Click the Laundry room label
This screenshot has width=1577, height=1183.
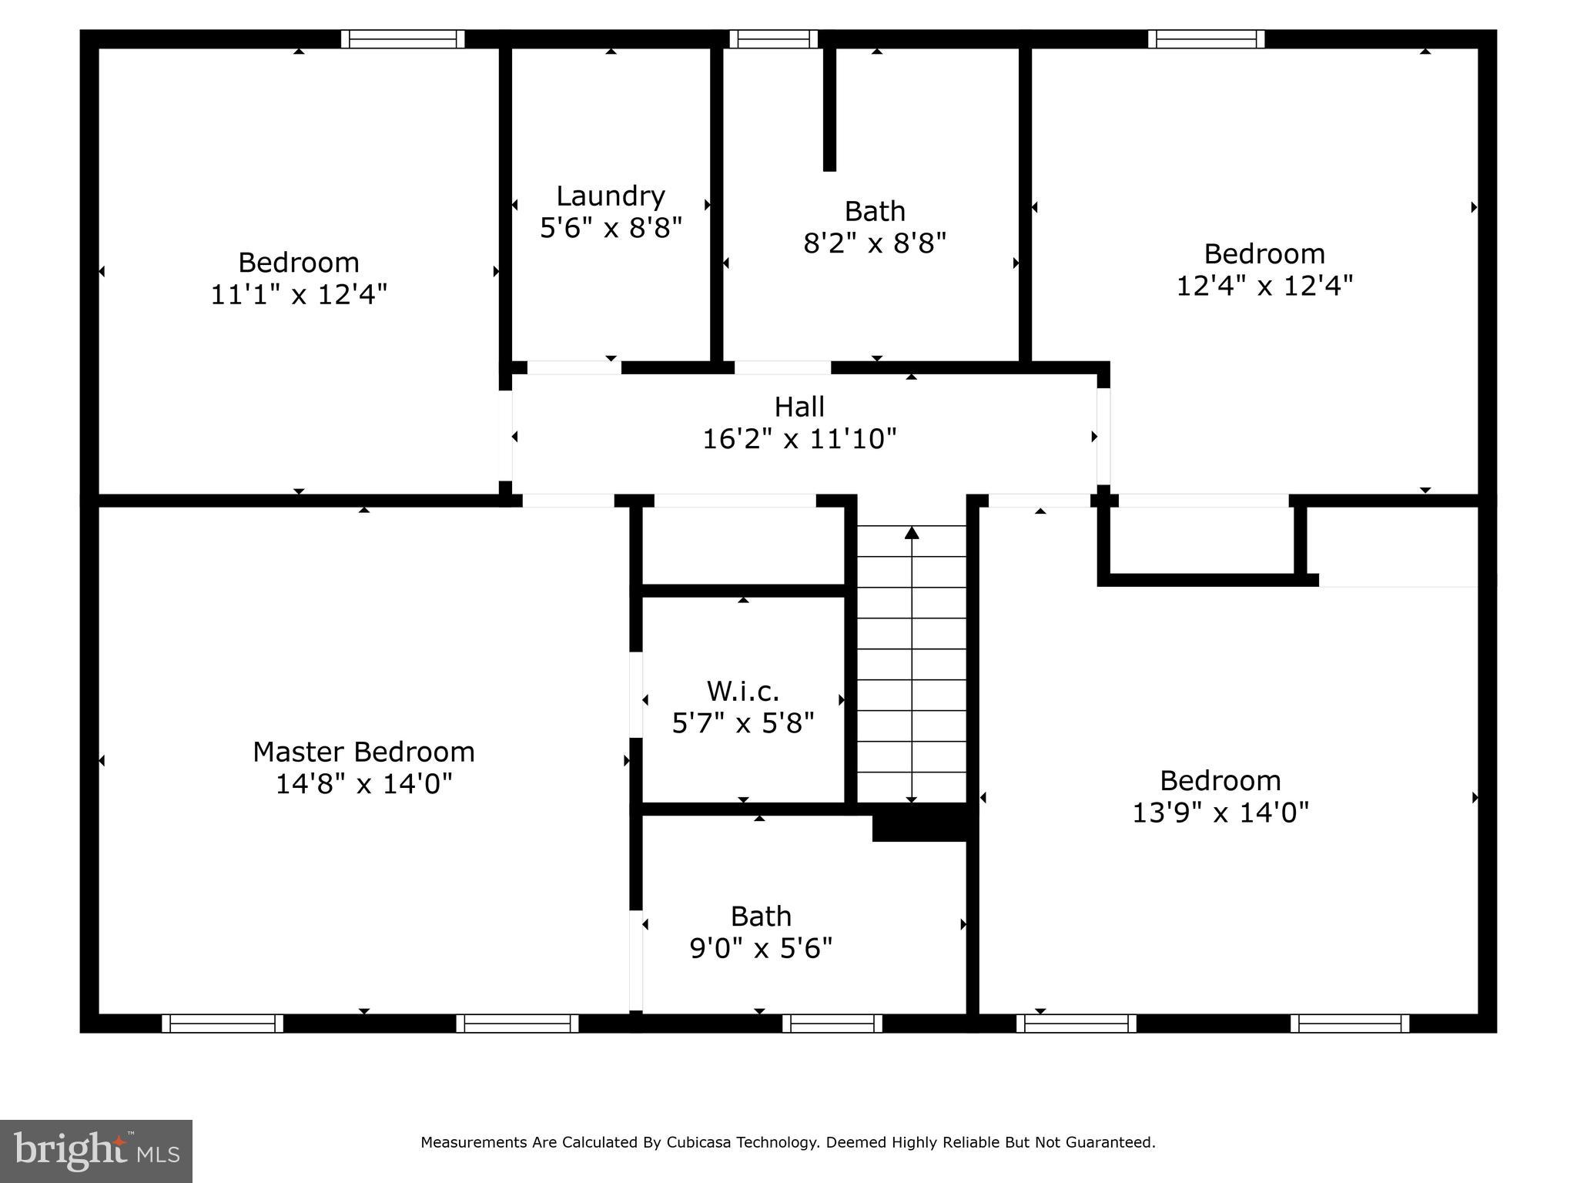tap(610, 196)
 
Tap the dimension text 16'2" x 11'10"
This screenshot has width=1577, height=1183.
tap(799, 439)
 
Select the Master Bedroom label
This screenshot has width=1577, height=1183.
tap(363, 752)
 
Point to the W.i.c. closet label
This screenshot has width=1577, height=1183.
tap(742, 691)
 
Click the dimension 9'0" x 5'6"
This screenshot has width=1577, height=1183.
tap(761, 948)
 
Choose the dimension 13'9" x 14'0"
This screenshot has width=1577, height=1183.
tap(1220, 813)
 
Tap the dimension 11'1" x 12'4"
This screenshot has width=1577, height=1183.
tap(299, 294)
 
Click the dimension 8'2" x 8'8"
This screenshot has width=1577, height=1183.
tap(874, 243)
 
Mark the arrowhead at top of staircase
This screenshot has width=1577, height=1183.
tap(912, 532)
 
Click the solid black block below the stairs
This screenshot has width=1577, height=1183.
tap(919, 823)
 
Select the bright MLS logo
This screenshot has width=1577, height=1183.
tap(96, 1151)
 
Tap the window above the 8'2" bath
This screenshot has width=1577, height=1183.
tap(773, 39)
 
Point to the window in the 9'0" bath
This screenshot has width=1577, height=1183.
tap(832, 1024)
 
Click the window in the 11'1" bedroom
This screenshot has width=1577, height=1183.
tap(403, 39)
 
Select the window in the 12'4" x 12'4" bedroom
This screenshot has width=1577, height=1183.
tap(1206, 39)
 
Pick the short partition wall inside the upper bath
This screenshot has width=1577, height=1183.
tap(829, 108)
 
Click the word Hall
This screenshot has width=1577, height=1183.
tap(799, 407)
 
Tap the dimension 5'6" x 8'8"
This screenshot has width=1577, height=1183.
tap(611, 228)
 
